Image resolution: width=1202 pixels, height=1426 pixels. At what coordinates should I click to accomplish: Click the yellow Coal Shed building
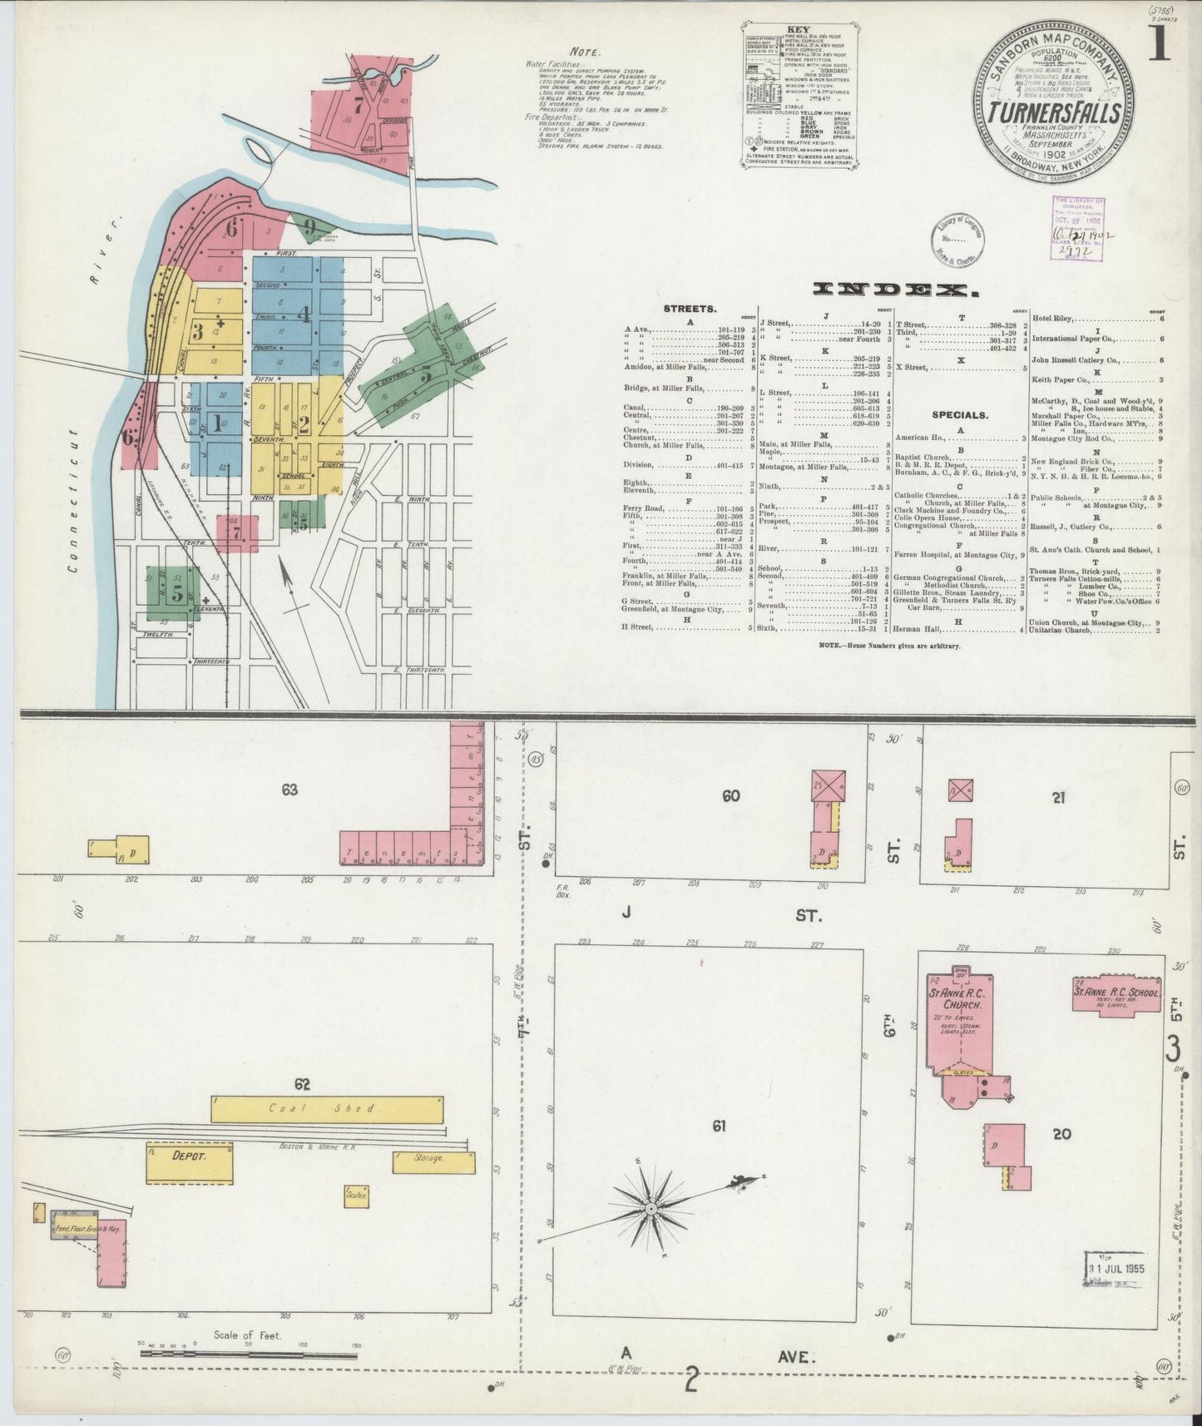[x=327, y=1108]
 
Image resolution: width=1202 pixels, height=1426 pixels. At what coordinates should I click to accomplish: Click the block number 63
[x=289, y=790]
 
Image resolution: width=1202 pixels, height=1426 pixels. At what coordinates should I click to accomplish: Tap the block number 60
[x=730, y=796]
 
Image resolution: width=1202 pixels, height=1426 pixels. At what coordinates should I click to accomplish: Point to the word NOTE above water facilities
[x=587, y=52]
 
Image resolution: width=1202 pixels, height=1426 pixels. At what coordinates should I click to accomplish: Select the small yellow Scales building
[x=356, y=1196]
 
